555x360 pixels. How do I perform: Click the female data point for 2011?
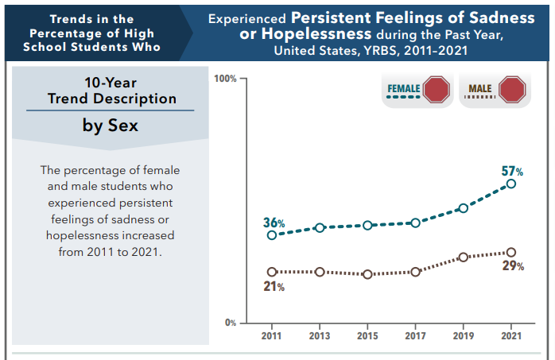coord(272,235)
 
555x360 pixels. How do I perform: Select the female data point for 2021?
coord(510,184)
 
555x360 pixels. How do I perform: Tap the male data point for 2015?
coord(367,274)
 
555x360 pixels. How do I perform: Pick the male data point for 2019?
coord(463,257)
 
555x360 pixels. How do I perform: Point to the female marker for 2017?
coord(415,223)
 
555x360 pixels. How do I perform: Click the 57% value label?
coord(512,171)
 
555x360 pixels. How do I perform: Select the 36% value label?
coord(274,223)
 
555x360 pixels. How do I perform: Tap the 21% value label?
coord(274,286)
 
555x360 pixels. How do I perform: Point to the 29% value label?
coord(513,266)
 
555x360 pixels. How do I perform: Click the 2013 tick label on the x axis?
coord(320,335)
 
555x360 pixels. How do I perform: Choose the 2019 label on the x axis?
coord(463,335)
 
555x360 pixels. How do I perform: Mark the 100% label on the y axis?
coord(225,79)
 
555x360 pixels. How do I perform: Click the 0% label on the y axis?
coord(231,323)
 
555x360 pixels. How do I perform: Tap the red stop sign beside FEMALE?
coord(437,90)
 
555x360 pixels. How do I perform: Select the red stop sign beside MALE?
coord(512,90)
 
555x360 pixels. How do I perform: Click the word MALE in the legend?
coord(480,88)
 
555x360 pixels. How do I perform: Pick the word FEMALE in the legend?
coord(404,88)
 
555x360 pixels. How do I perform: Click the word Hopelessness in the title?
coord(316,34)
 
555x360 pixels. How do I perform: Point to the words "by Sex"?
coord(111,126)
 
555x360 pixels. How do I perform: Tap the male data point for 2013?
coord(320,272)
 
